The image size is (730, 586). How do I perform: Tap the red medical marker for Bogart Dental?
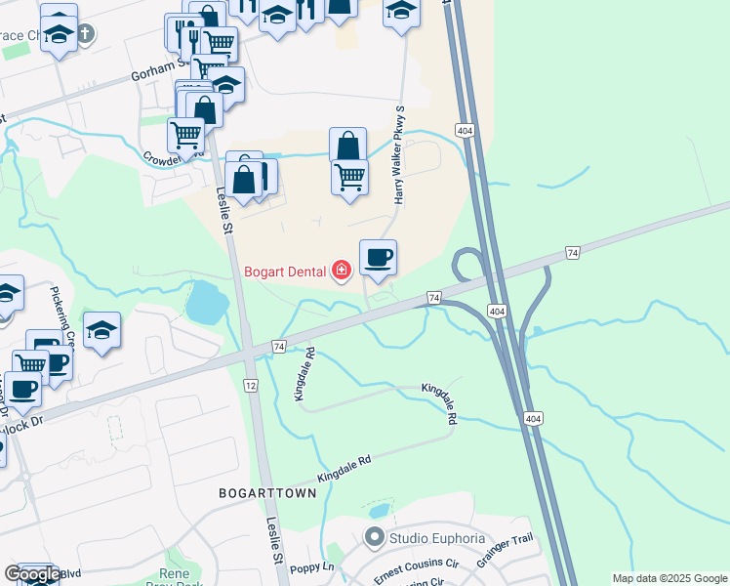(341, 270)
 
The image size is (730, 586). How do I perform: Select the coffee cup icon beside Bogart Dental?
(378, 258)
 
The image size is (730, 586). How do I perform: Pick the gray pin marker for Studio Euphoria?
(373, 537)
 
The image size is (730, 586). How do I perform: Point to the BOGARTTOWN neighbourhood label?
(267, 493)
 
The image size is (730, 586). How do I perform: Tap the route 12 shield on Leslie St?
(251, 387)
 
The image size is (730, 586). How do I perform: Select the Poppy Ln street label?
(311, 567)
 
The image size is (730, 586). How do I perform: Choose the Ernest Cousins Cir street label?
(416, 568)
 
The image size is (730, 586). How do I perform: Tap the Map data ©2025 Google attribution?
(669, 578)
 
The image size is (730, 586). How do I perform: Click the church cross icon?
(86, 34)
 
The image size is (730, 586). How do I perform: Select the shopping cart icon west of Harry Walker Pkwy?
(349, 177)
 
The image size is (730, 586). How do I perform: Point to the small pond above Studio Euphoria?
(379, 511)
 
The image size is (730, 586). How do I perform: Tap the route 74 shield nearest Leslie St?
(279, 347)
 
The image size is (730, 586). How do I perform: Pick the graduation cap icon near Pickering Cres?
(101, 331)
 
